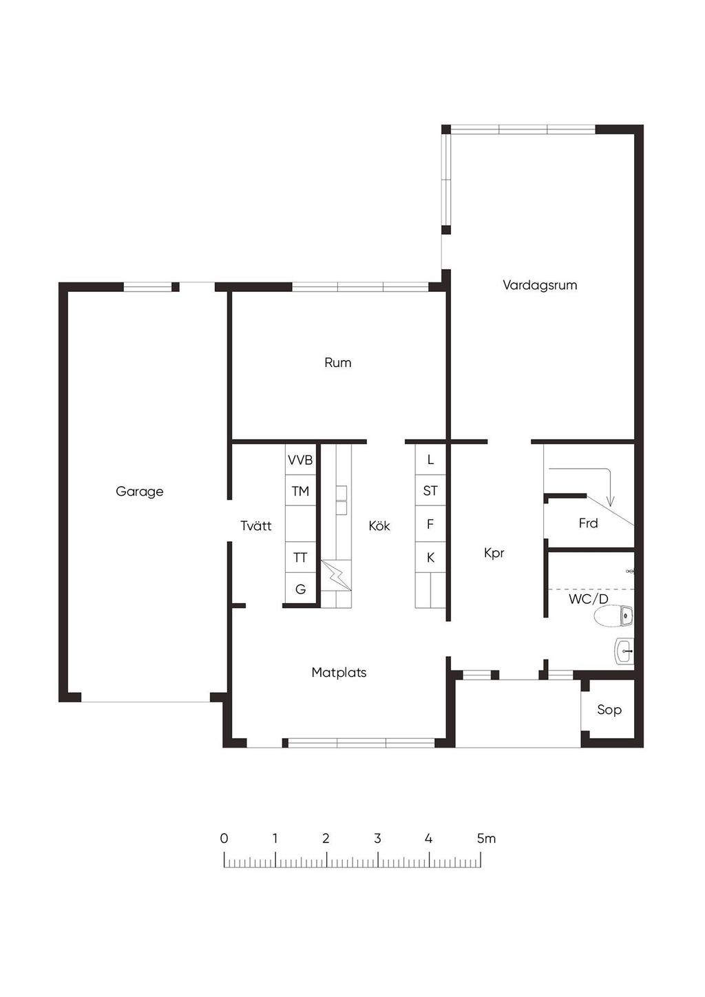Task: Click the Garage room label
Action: coord(139,492)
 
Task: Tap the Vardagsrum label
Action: coord(540,285)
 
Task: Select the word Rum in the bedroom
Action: coord(338,363)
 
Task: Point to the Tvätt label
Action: coord(256,525)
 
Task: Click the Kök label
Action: coord(379,525)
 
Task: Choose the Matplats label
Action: coord(339,672)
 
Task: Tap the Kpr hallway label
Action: coord(494,554)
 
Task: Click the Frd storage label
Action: coord(588,523)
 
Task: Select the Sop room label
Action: coord(609,709)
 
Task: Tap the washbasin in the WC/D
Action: coord(624,651)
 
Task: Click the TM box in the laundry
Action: coord(300,490)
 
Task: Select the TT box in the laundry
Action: coord(300,557)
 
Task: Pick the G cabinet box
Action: coord(300,589)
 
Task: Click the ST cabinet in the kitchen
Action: coord(430,490)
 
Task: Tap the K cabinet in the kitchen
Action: coord(430,557)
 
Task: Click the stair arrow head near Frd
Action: coord(611,502)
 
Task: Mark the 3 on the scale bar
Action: coord(377,839)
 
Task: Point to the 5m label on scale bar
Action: coord(486,839)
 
